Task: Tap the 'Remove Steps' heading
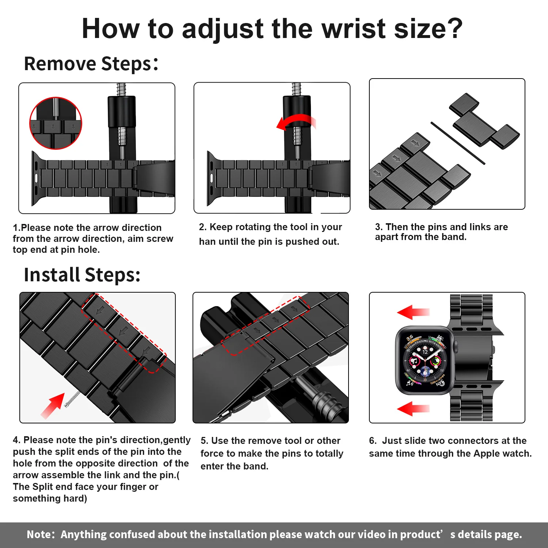click(x=91, y=64)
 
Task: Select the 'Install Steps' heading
click(x=82, y=275)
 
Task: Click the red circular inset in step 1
click(x=56, y=123)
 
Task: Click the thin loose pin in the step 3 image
click(x=458, y=143)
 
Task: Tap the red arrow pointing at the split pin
click(x=53, y=405)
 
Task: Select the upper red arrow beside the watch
click(x=413, y=312)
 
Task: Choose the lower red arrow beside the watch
click(x=413, y=408)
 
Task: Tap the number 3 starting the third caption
click(x=378, y=227)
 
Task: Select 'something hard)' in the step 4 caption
click(x=50, y=498)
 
